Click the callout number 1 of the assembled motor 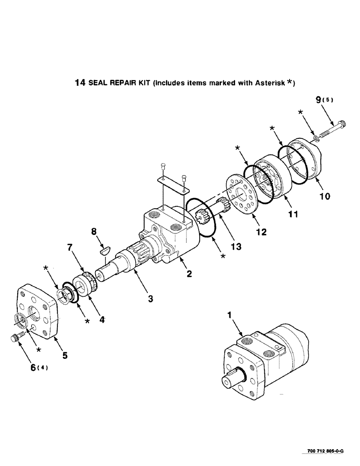[x=229, y=316]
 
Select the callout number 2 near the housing [x=189, y=274]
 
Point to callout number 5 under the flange [x=64, y=356]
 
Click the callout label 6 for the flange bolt [x=33, y=368]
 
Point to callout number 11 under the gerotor [x=292, y=215]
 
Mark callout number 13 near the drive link [x=238, y=247]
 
